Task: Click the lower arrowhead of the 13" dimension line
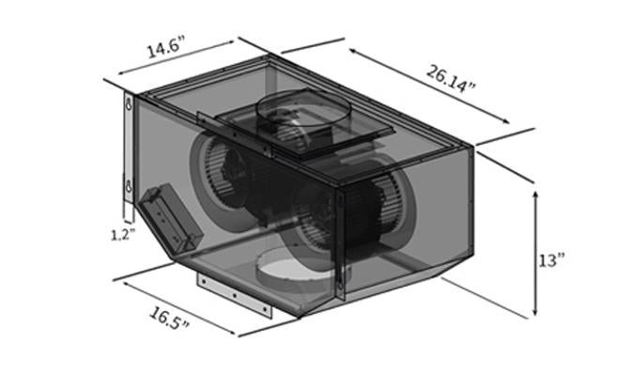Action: pos(535,315)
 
